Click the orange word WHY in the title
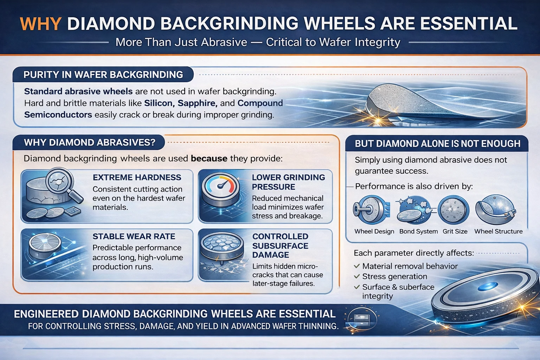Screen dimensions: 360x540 click(x=41, y=24)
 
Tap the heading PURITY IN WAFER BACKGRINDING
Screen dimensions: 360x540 click(x=103, y=75)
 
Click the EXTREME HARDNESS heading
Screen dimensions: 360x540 click(x=137, y=178)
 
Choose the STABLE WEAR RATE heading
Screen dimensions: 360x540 click(x=134, y=237)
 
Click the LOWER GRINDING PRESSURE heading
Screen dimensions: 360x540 click(x=288, y=182)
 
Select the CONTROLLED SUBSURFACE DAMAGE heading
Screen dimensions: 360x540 click(x=280, y=246)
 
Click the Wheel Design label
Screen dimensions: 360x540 click(x=374, y=231)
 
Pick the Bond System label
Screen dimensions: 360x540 click(x=418, y=231)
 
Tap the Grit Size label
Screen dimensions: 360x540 click(x=455, y=231)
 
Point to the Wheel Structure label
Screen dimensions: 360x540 click(x=498, y=231)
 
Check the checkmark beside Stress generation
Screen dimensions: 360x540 click(x=357, y=276)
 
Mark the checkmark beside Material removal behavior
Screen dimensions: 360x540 click(x=357, y=266)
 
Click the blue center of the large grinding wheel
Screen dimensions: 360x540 click(x=491, y=285)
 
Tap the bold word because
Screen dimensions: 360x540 click(x=209, y=159)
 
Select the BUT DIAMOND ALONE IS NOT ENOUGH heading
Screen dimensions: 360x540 click(x=437, y=144)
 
